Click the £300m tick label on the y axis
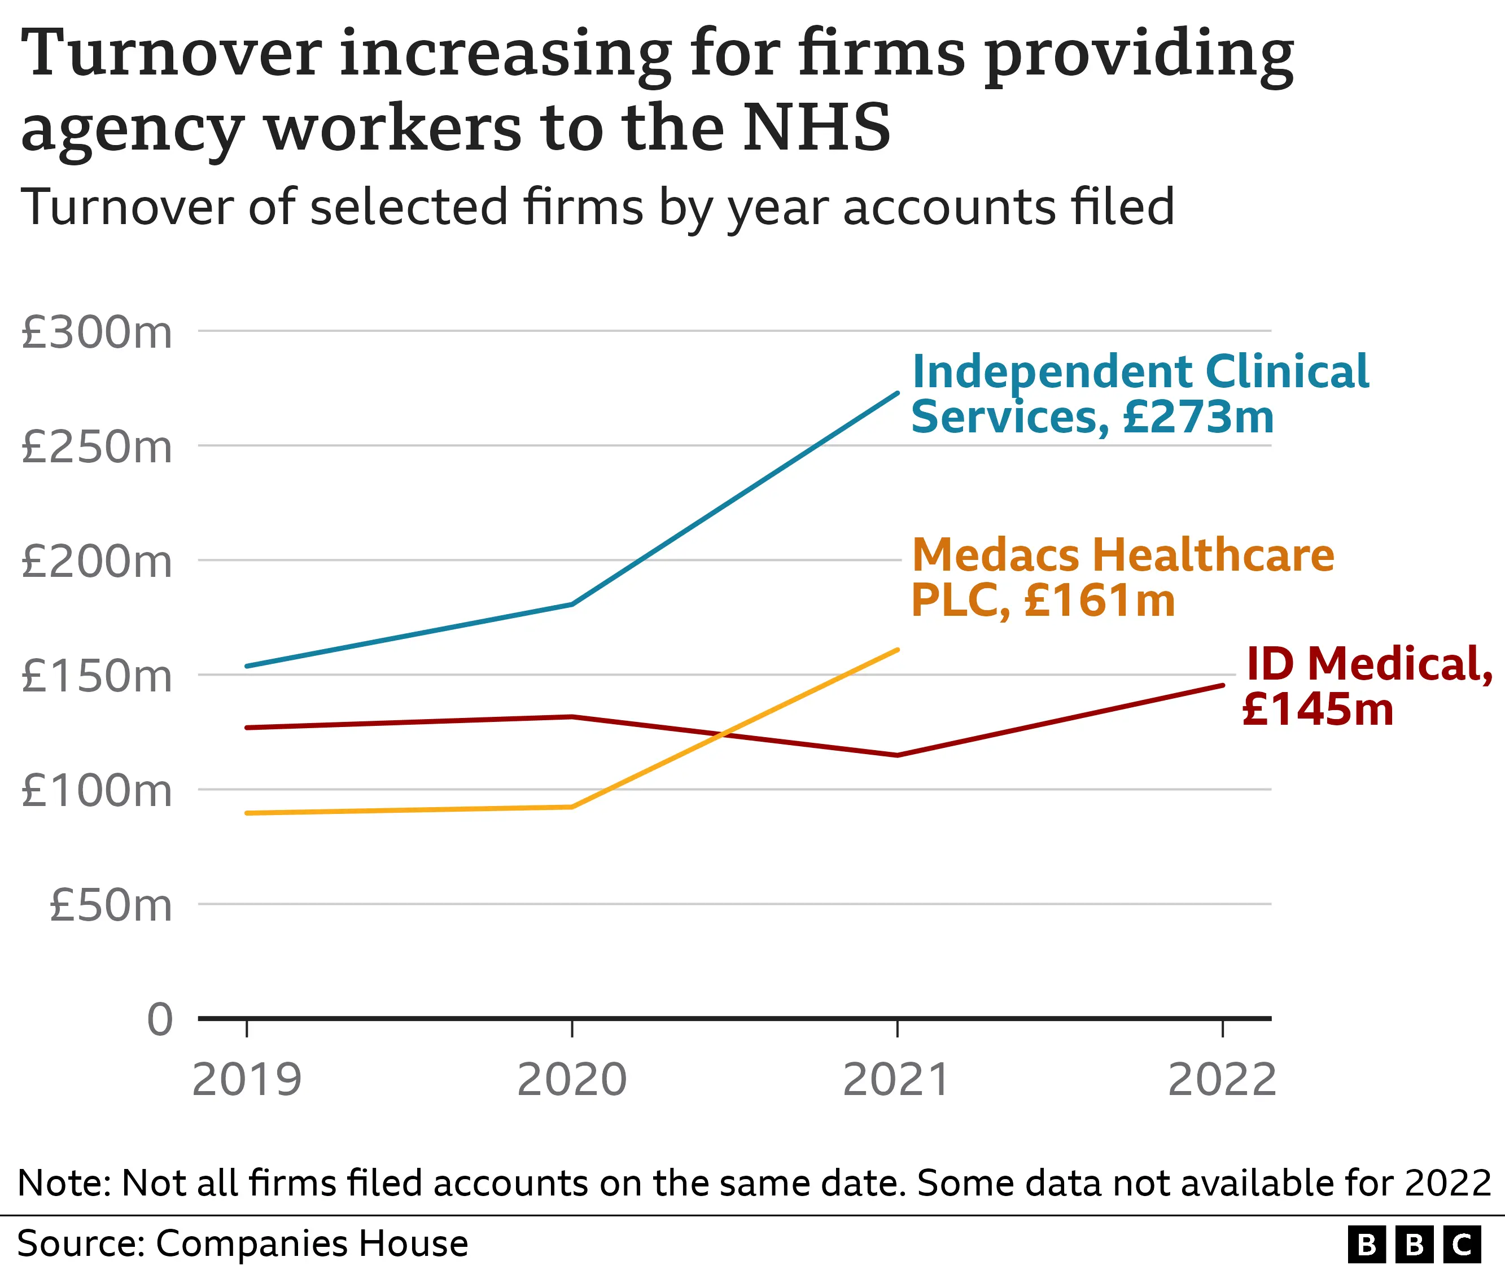click(x=97, y=334)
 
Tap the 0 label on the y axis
click(x=160, y=1019)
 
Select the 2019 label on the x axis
click(x=247, y=1080)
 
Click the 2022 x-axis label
click(x=1222, y=1080)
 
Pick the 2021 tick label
click(x=896, y=1080)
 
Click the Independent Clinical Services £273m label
click(x=1139, y=395)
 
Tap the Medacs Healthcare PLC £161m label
click(x=1122, y=578)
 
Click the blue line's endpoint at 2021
click(x=897, y=393)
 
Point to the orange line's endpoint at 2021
click(x=897, y=650)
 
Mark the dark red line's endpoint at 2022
click(x=1223, y=685)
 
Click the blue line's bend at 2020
click(x=572, y=604)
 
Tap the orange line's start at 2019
click(x=247, y=813)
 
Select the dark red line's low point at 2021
click(x=897, y=755)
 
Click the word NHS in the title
click(x=817, y=128)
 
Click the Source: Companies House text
click(x=243, y=1243)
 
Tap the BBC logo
click(x=1414, y=1244)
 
